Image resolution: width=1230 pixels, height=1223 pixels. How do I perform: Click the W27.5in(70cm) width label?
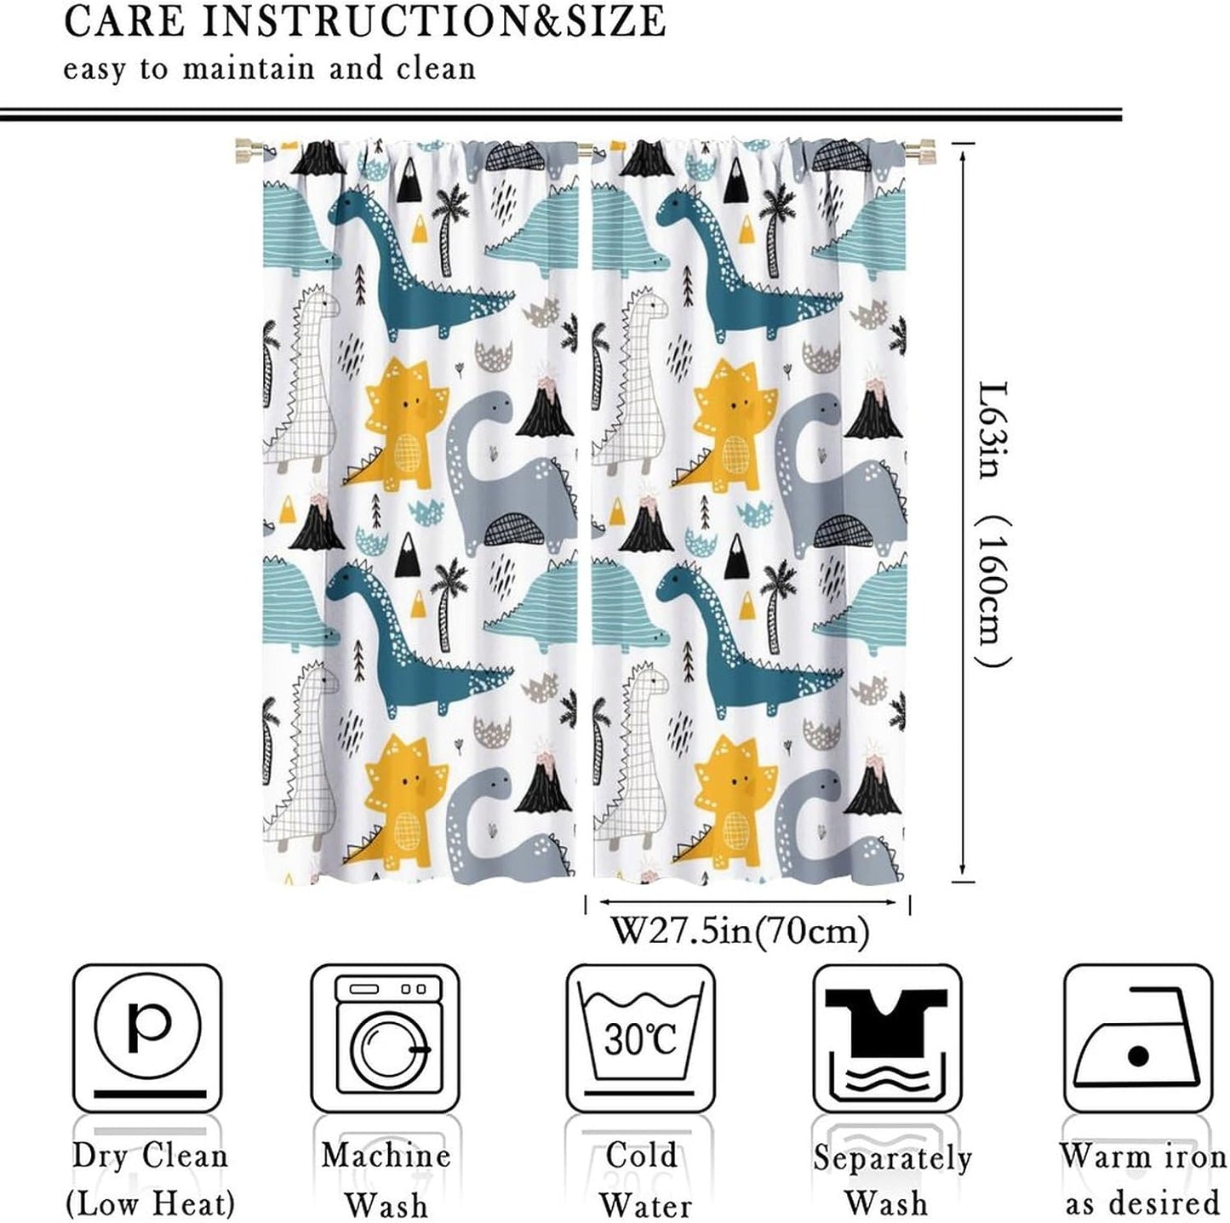pos(741,931)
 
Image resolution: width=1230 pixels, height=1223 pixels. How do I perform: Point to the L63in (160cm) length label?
pos(992,523)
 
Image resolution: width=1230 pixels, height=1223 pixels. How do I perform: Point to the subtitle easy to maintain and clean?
pos(269,68)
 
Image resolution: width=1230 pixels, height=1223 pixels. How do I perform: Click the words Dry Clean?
pos(150,1156)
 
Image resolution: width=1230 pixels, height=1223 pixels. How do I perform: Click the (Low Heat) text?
pos(150,1203)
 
